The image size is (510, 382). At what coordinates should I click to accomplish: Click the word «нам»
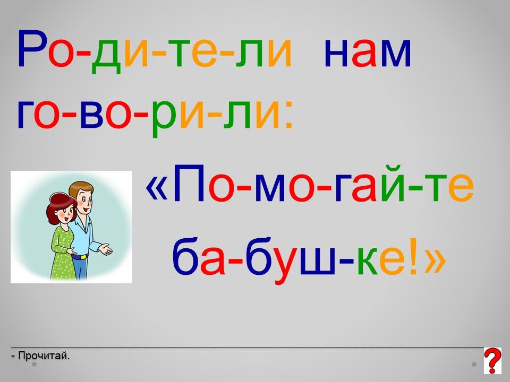[368, 53]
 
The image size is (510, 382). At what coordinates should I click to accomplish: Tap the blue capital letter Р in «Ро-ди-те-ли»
[31, 48]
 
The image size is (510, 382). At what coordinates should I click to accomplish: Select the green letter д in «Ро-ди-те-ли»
[106, 56]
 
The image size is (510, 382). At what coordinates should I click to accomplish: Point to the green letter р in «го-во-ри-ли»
[165, 118]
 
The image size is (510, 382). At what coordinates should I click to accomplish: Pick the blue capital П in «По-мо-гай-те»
[189, 183]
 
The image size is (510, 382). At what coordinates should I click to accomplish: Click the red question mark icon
[492, 361]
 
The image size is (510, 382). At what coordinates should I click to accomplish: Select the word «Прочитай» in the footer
[44, 355]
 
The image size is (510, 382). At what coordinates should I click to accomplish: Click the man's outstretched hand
[106, 249]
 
